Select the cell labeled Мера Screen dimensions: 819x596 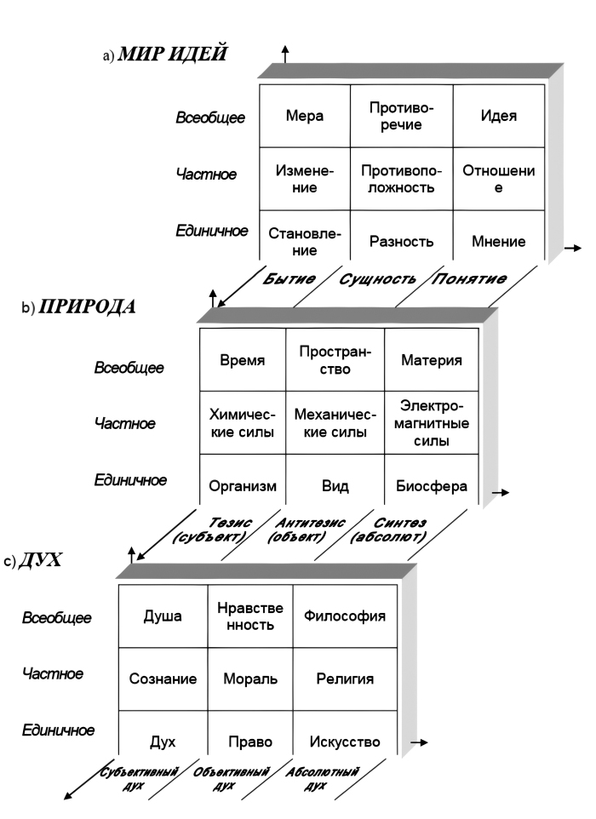pyautogui.click(x=303, y=117)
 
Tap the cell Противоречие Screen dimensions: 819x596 pyautogui.click(x=401, y=116)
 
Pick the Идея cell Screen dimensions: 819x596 pyautogui.click(x=498, y=117)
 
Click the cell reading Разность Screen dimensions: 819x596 pyautogui.click(x=401, y=241)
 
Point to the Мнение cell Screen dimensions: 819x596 pyautogui.click(x=498, y=241)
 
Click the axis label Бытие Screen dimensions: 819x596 pyautogui.click(x=289, y=278)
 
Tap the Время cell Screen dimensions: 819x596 pyautogui.click(x=242, y=360)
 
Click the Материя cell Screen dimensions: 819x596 pyautogui.click(x=433, y=360)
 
